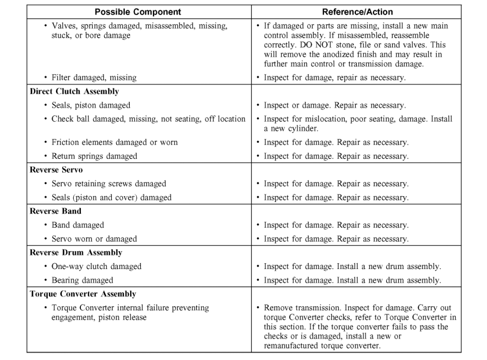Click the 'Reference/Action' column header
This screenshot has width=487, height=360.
coord(357,12)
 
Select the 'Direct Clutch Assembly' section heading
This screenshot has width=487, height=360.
coord(74,91)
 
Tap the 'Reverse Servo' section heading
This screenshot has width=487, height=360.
coord(56,170)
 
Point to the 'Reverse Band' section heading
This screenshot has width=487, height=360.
coord(56,211)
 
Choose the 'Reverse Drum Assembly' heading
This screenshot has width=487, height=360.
coord(76,253)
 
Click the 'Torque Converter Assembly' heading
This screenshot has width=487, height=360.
coord(83,294)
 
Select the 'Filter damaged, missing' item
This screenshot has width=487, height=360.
coord(94,78)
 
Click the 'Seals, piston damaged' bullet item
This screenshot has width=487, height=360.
coord(91,106)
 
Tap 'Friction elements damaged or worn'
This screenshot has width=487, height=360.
coord(114,142)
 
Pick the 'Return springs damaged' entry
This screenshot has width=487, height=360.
coord(94,156)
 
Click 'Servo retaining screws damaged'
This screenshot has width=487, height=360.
coord(108,184)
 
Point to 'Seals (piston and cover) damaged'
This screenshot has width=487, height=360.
coord(111,198)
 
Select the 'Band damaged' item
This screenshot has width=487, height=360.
coord(77,225)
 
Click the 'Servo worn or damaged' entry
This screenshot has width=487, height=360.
coord(94,239)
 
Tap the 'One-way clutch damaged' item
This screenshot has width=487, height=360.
coord(96,267)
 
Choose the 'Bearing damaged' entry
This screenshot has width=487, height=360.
coord(82,281)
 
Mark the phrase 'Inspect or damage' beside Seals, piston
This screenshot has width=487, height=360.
coord(291,106)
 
